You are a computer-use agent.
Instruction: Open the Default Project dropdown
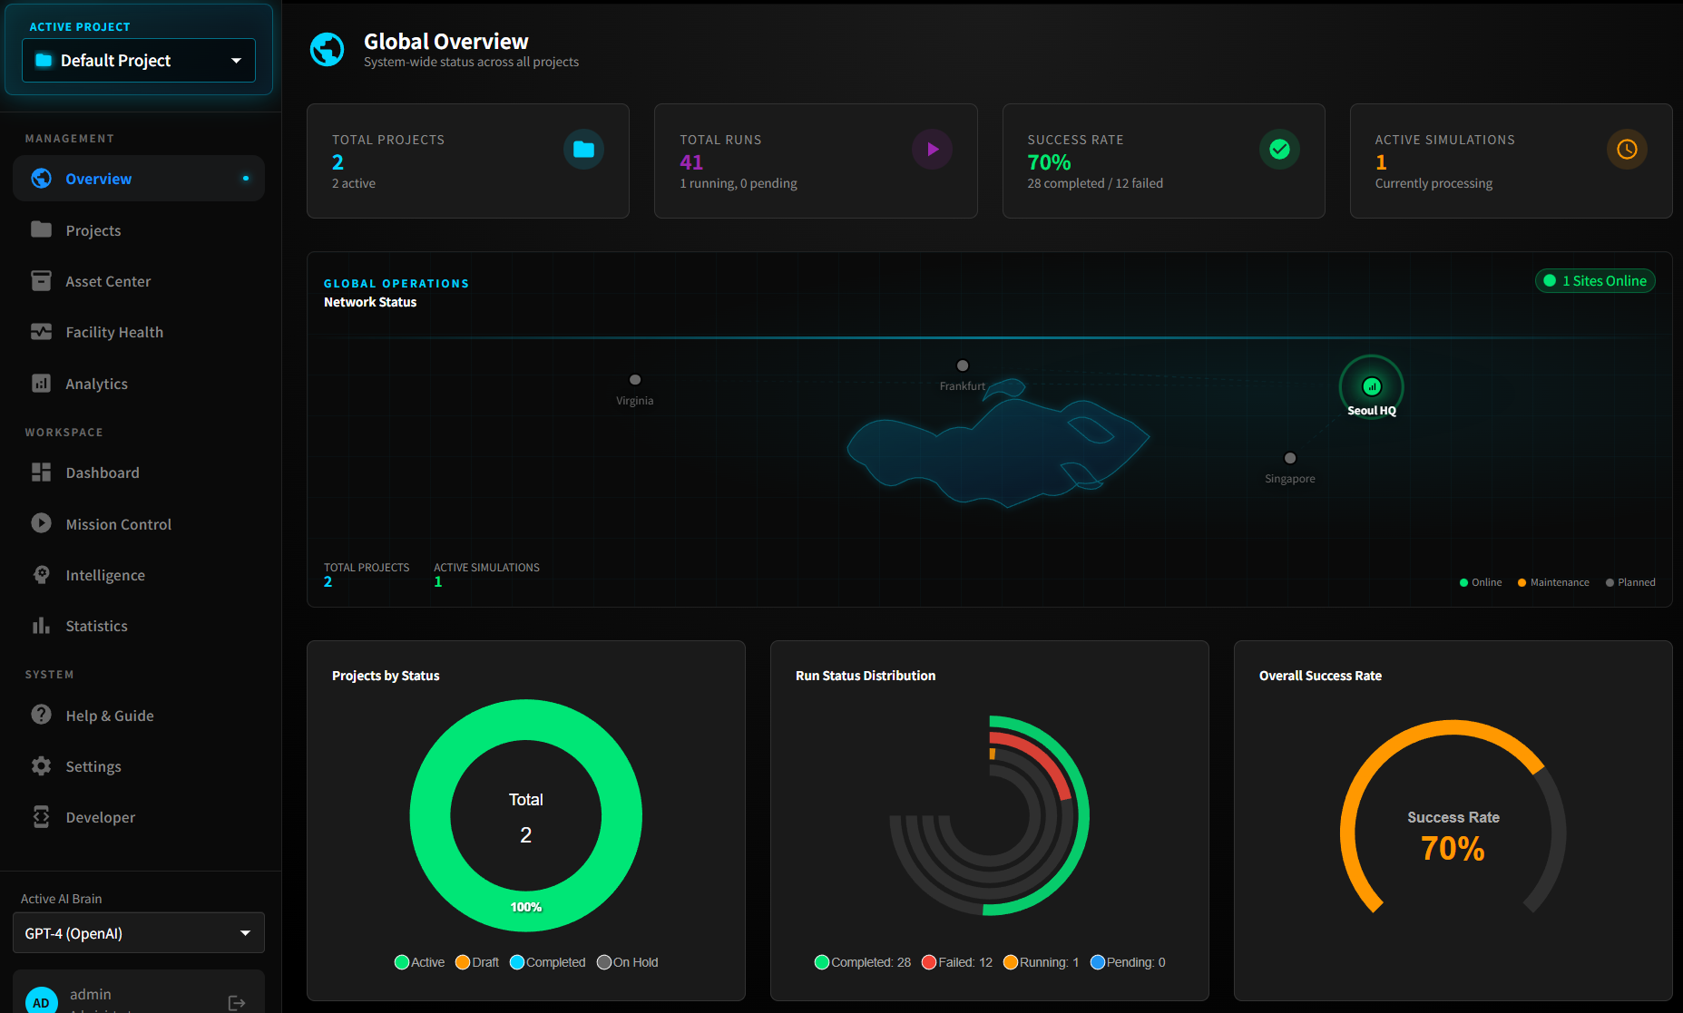139,61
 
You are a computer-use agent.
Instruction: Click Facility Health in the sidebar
114,333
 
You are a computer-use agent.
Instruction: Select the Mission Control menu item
118,524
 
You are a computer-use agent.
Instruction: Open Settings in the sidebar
93,766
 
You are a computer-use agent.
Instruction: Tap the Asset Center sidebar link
108,282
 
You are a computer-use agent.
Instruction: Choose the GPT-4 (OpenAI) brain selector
139,933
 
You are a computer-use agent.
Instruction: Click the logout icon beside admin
237,1002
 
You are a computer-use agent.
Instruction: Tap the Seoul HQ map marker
1372,387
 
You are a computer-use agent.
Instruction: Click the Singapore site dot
1290,459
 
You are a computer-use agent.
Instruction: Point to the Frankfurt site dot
963,366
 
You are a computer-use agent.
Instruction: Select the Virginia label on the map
634,401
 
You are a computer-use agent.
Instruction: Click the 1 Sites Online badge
1595,281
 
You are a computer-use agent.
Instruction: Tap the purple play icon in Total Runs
932,150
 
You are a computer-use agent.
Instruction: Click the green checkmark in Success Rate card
1279,150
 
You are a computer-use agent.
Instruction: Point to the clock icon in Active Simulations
1627,150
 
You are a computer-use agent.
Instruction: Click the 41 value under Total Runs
691,162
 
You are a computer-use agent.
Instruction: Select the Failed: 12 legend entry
957,962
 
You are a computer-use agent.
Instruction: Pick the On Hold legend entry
628,962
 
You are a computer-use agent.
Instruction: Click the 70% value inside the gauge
1453,849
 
